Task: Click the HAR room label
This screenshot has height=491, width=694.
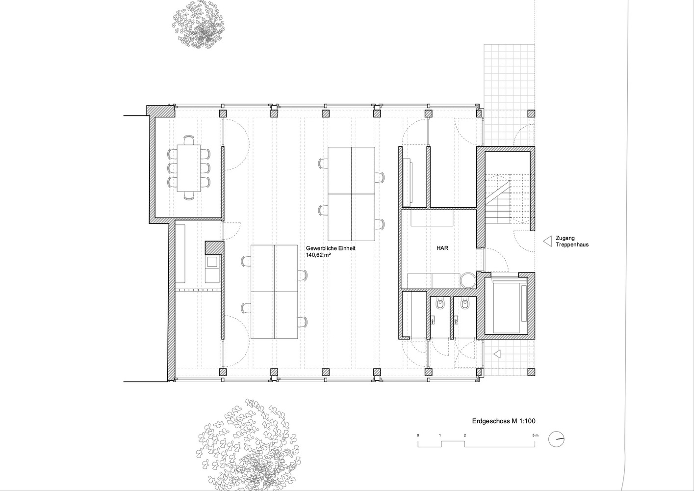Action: coord(442,248)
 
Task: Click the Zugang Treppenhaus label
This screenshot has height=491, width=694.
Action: coord(572,241)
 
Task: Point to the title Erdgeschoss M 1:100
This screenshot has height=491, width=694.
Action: coord(504,421)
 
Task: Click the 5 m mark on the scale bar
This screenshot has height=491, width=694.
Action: coord(536,435)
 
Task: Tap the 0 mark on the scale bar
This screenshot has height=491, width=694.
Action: coord(418,435)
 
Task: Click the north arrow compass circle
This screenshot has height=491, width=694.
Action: coord(557,439)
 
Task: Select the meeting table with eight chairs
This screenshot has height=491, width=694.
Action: coord(189,168)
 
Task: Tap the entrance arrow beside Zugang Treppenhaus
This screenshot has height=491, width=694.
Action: coord(547,241)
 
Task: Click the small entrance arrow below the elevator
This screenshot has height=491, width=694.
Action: coord(497,354)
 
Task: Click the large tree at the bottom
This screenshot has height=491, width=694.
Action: coord(248,445)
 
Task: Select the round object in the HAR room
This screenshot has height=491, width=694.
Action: coord(467,280)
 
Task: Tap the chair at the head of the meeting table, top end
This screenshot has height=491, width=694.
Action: coord(189,140)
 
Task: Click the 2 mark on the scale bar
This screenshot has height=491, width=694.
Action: coord(465,435)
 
